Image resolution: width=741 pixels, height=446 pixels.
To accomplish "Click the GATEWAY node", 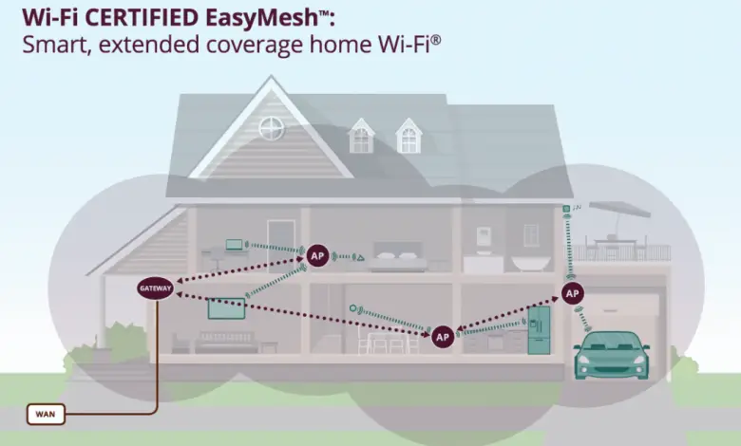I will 155,288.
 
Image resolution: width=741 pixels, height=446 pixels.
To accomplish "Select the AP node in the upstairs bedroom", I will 318,255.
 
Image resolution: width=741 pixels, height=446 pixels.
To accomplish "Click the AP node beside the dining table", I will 442,337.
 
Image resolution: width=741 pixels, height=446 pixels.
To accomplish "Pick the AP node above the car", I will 572,293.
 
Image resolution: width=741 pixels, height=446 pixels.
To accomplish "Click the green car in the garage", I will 611,355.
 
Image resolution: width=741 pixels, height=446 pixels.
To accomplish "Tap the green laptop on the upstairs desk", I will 235,245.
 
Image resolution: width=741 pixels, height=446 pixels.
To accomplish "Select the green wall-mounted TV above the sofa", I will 227,308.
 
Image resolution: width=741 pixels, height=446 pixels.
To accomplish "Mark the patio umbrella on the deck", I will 618,211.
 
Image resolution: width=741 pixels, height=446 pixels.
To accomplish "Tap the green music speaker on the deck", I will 567,207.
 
